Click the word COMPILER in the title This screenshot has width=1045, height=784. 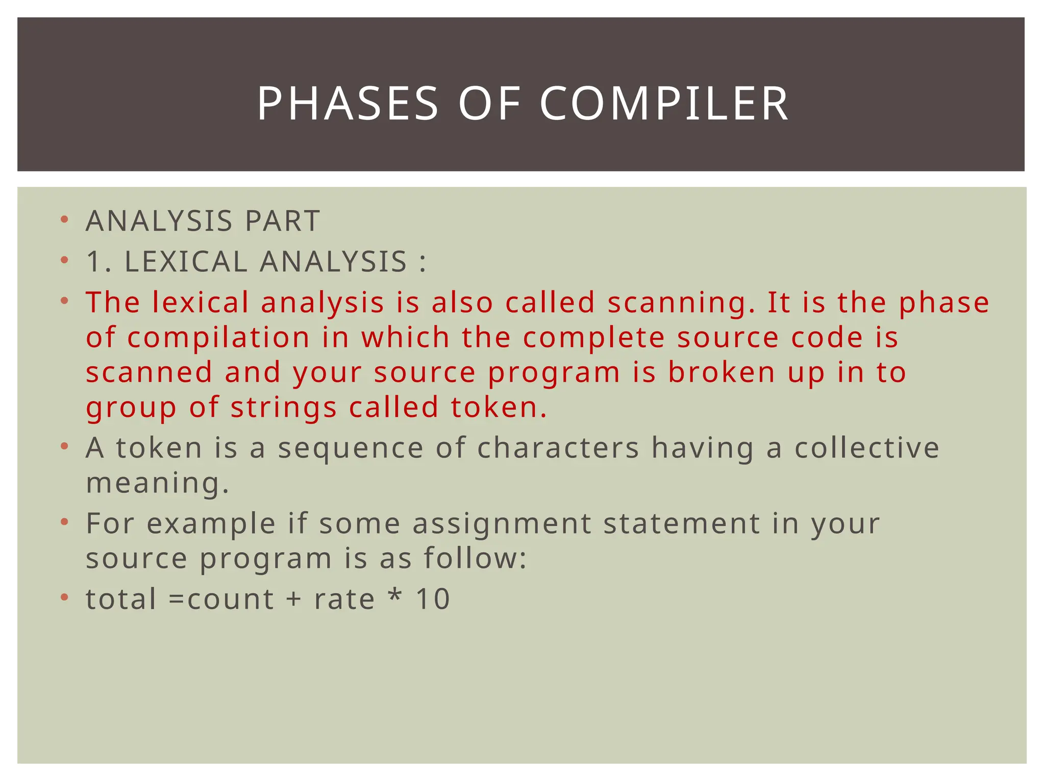tap(664, 104)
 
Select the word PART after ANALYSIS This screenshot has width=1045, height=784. tap(282, 221)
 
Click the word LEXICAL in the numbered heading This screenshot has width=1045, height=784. tap(186, 262)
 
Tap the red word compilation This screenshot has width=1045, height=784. tap(218, 337)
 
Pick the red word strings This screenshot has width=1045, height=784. tap(283, 408)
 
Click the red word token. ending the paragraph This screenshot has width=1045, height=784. tap(499, 407)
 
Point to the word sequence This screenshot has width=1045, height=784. tap(351, 448)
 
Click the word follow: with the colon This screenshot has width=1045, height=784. tap(476, 558)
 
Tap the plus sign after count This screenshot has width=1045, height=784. tap(294, 599)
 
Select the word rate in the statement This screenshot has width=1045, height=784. tap(344, 599)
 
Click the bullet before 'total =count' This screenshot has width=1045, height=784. tap(64, 597)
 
